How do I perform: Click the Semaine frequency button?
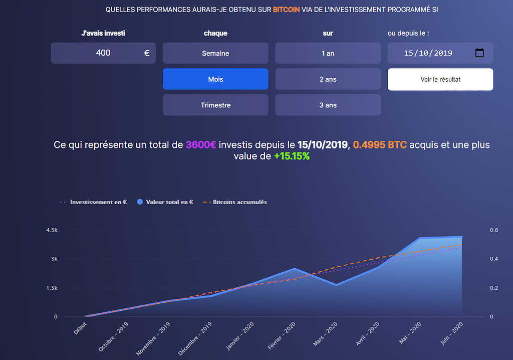(x=215, y=53)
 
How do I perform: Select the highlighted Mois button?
(x=215, y=79)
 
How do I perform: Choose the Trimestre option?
(x=215, y=105)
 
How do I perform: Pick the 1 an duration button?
(x=328, y=53)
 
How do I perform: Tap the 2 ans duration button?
(x=328, y=79)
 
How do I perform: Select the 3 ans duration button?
(x=328, y=105)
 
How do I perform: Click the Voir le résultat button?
(x=440, y=79)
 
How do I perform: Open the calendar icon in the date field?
(x=479, y=53)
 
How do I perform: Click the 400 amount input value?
(x=103, y=53)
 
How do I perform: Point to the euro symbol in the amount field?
(x=147, y=53)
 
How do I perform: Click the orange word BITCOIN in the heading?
(x=286, y=10)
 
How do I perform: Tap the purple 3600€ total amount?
(x=201, y=145)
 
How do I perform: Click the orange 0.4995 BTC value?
(x=380, y=145)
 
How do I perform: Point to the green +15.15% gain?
(x=292, y=156)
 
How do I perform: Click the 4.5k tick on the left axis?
(x=52, y=230)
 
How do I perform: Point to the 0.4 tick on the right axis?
(x=493, y=259)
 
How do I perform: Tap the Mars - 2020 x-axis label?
(x=325, y=334)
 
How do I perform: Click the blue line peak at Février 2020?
(x=295, y=269)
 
